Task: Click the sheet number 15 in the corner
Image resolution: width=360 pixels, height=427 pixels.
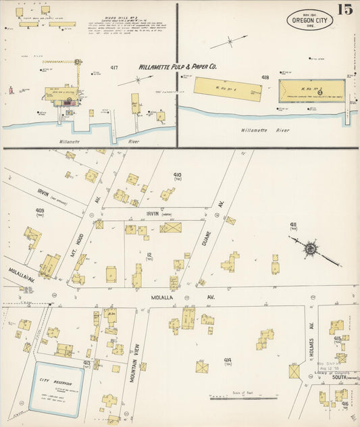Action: coord(344,10)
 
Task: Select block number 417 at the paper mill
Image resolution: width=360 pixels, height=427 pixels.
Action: coord(114,68)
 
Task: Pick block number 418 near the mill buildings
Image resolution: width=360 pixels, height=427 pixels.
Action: coord(265,78)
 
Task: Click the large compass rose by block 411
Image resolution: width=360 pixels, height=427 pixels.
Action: coord(310,249)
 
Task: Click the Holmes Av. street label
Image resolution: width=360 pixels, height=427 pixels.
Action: coord(311,336)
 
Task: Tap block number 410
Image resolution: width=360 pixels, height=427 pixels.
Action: coord(178,175)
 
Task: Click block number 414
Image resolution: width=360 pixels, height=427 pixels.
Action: coord(228,360)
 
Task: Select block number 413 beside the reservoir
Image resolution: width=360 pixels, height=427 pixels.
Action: coord(86,363)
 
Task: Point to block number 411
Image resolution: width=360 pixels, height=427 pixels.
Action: coord(293,225)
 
